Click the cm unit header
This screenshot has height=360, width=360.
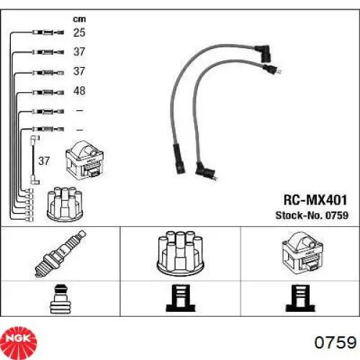79,19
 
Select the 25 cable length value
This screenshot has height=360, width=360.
79,32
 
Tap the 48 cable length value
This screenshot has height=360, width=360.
79,91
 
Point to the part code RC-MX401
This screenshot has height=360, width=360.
315,200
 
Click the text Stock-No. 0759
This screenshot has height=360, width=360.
312,215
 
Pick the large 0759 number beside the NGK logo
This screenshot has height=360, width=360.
336,343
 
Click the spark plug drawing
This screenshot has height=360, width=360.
60,254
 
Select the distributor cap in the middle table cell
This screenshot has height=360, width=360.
180,252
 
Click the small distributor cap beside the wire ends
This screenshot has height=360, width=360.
65,204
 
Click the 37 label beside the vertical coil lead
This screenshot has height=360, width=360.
44,161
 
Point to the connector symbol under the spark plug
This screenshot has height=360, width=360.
60,299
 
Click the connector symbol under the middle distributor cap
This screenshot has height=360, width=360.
181,298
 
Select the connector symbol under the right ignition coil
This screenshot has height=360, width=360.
300,298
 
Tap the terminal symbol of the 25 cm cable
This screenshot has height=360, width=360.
48,32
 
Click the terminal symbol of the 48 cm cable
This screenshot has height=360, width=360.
48,92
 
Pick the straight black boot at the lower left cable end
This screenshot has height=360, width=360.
179,158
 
